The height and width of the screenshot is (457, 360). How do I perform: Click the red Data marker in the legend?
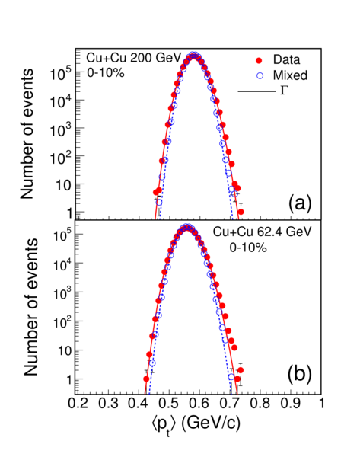pos(259,60)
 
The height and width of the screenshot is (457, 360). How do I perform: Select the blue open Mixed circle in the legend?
pos(260,75)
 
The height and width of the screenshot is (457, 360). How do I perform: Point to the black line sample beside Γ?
pos(256,91)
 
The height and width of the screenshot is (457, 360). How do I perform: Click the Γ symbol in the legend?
pos(285,91)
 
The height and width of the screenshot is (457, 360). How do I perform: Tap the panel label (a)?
pos(300,203)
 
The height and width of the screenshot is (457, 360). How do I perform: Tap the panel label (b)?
pos(300,374)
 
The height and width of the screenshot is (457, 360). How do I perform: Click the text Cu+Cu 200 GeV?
pos(134,58)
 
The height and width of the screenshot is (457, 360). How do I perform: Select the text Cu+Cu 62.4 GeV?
pos(262,232)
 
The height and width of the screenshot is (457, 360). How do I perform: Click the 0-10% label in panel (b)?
pos(248,248)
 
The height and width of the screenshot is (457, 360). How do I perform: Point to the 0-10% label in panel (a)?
pos(106,73)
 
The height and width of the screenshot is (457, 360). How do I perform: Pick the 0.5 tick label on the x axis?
pos(170,404)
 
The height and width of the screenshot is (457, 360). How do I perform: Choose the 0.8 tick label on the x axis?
pos(261,404)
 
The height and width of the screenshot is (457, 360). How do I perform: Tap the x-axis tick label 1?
pos(321,404)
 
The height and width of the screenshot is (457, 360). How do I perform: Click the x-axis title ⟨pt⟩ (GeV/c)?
pos(196,425)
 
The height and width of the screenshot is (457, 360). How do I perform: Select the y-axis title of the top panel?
pos(27,134)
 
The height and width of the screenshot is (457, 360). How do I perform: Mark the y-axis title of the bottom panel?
pos(30,307)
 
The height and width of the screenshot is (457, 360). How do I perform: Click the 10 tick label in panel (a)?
pos(63,185)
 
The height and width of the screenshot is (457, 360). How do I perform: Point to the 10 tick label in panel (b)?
pos(65,350)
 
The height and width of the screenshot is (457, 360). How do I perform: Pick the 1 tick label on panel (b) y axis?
pos(69,380)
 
